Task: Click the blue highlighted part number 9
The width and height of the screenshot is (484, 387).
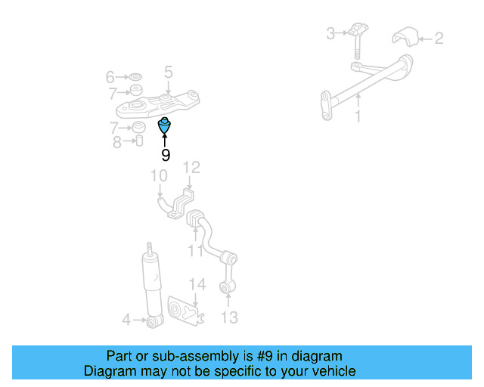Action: point(164,125)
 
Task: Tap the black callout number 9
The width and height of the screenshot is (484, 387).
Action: point(166,155)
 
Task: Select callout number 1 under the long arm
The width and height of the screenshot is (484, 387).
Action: point(358,116)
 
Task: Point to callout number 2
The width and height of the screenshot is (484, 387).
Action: point(439,39)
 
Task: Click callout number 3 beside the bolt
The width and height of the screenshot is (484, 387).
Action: point(330,33)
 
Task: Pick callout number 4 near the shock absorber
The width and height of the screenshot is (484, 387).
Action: point(126,320)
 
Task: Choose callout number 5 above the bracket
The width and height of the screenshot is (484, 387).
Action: point(168,73)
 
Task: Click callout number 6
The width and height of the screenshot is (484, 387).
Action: point(110,77)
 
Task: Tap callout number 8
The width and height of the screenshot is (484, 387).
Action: point(117,143)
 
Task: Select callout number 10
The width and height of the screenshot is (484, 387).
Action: point(159,175)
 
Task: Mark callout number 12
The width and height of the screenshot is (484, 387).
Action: point(191,168)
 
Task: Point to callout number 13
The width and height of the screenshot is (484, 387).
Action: point(229,317)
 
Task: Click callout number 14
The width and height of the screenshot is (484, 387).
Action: point(197,284)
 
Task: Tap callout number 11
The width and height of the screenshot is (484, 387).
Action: point(195,250)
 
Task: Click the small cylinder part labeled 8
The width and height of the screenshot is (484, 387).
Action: point(139,141)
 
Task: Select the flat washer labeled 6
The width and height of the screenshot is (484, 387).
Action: point(135,76)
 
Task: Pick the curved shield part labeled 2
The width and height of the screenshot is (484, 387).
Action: point(405,37)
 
